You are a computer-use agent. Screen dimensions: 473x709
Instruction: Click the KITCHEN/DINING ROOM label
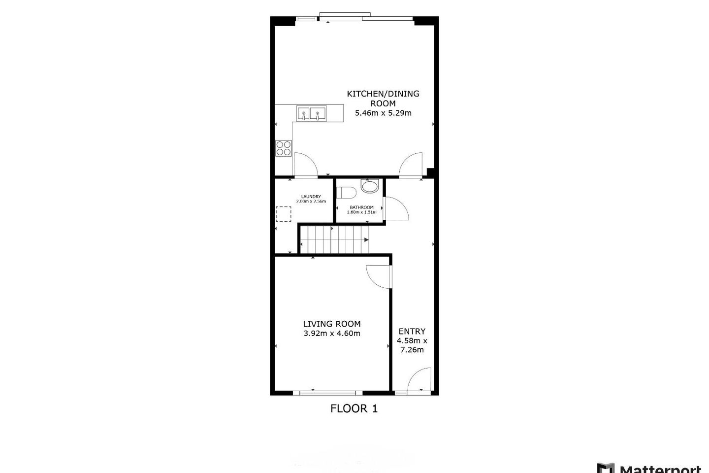(x=383, y=98)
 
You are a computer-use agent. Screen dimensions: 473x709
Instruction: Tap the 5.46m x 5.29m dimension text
(x=383, y=113)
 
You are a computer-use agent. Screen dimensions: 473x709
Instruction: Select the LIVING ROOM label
(x=332, y=324)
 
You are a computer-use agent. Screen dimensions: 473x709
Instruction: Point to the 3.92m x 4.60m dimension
(x=332, y=334)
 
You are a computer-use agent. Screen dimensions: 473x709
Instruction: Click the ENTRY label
(x=412, y=331)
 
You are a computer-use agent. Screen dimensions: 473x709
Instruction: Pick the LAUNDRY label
(x=311, y=197)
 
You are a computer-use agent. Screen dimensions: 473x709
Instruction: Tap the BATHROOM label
(x=361, y=207)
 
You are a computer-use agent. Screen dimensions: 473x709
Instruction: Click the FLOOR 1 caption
(x=354, y=408)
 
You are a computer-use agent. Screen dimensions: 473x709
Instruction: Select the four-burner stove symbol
(x=284, y=148)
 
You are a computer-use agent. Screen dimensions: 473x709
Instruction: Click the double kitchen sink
(x=311, y=114)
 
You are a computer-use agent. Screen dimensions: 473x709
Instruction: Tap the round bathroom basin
(x=370, y=186)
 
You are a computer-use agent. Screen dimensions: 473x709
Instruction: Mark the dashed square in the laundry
(x=283, y=214)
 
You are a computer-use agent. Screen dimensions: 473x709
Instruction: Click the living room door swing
(x=378, y=276)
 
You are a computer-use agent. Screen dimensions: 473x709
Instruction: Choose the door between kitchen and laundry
(x=305, y=165)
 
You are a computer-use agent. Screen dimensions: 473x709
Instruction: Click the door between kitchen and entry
(x=411, y=165)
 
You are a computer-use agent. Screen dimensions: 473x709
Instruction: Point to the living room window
(x=324, y=393)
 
